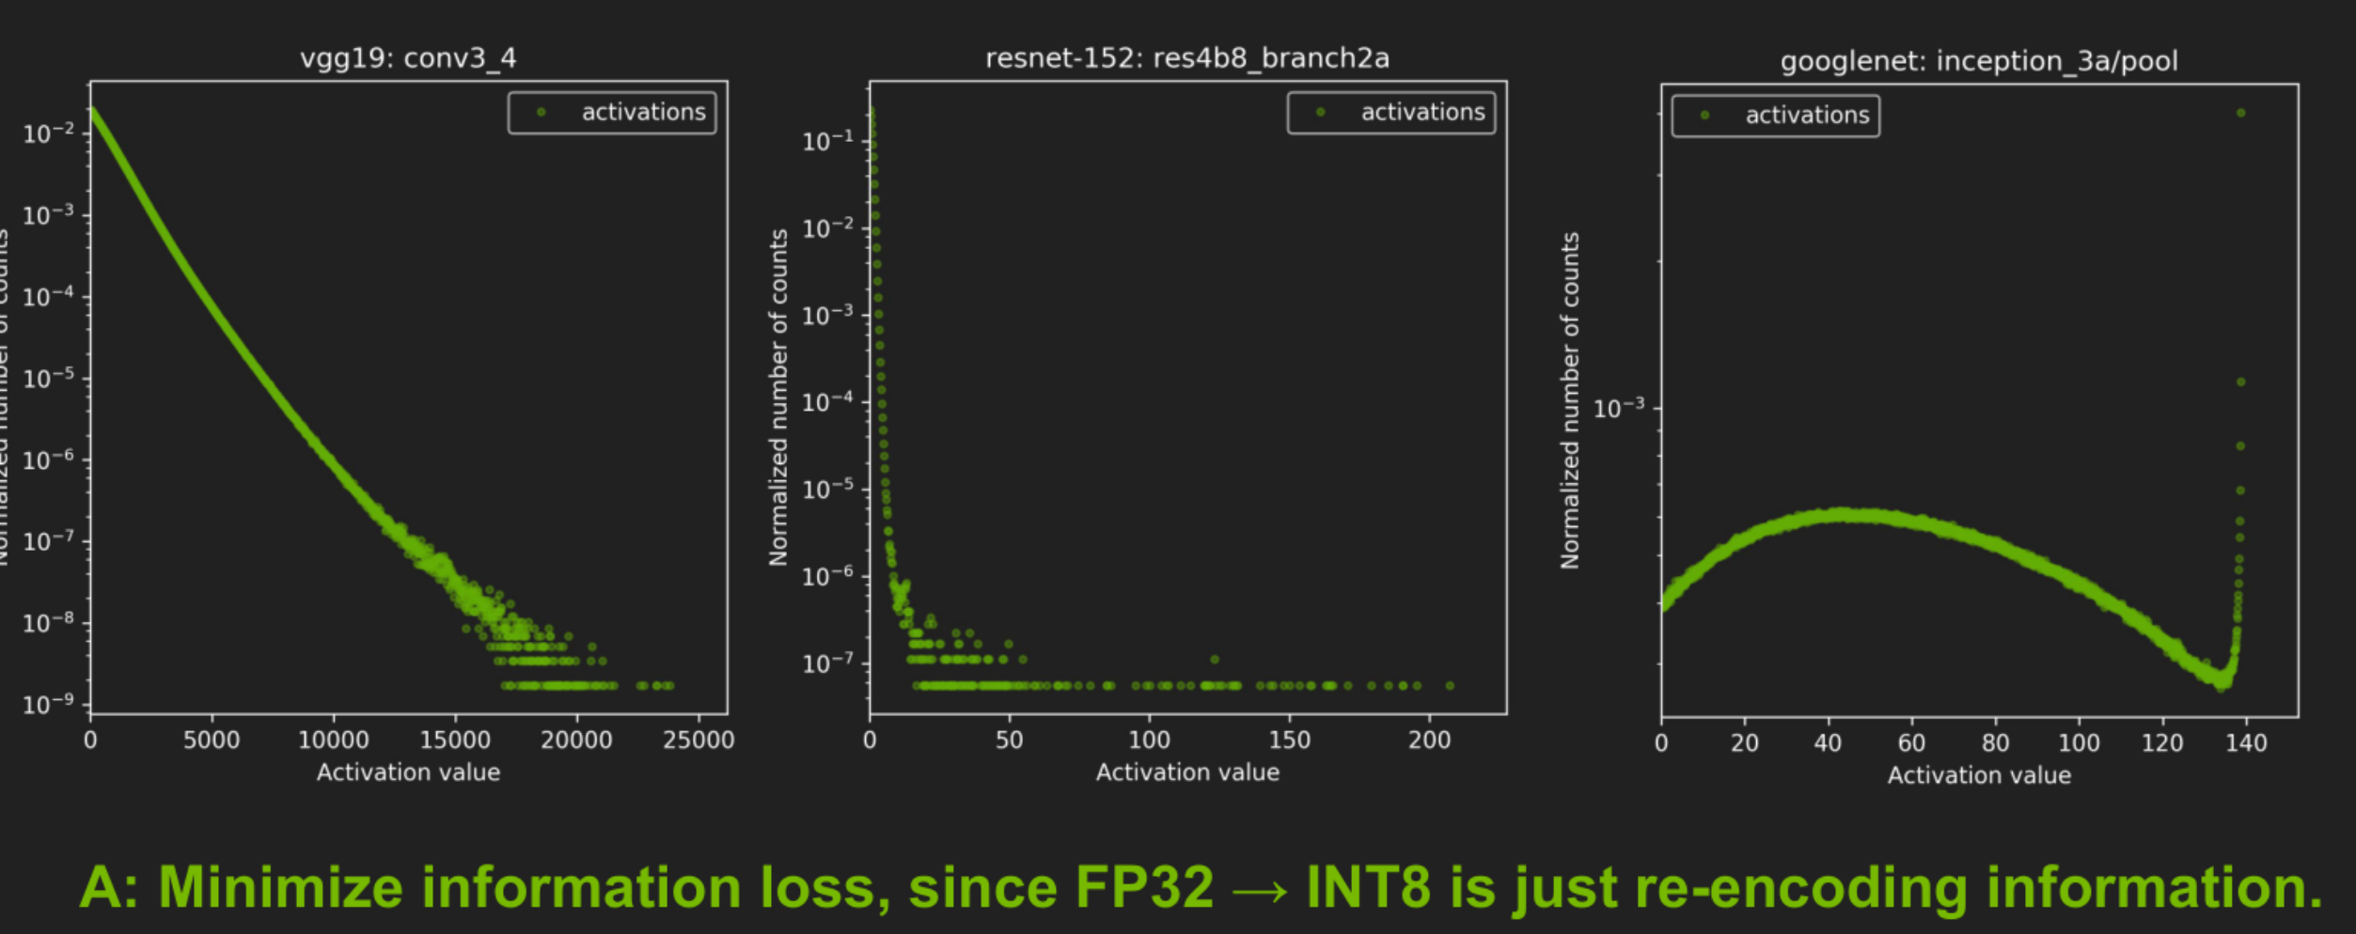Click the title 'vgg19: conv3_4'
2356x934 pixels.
tap(408, 58)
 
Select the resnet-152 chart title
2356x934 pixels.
tap(1186, 58)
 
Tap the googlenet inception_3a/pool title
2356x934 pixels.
tap(1978, 61)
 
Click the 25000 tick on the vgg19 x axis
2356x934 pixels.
tap(698, 740)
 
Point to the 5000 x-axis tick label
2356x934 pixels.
tap(212, 740)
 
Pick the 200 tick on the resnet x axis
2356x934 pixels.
tap(1429, 740)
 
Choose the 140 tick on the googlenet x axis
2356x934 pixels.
tap(2246, 743)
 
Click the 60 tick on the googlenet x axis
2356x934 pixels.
tap(1911, 743)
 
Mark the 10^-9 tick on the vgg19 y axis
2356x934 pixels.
tap(48, 705)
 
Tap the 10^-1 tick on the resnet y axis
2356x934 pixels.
tap(827, 141)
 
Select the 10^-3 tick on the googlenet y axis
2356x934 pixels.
tap(1619, 409)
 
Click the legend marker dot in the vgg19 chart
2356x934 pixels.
tap(542, 112)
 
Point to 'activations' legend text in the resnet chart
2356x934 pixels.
tap(1422, 112)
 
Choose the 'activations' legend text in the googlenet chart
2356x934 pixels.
tap(1807, 115)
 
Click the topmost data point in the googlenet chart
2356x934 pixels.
tap(2241, 113)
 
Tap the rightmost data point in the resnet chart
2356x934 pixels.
tap(1450, 686)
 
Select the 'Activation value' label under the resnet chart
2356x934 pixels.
tap(1187, 772)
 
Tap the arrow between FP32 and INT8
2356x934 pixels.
tap(1260, 889)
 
